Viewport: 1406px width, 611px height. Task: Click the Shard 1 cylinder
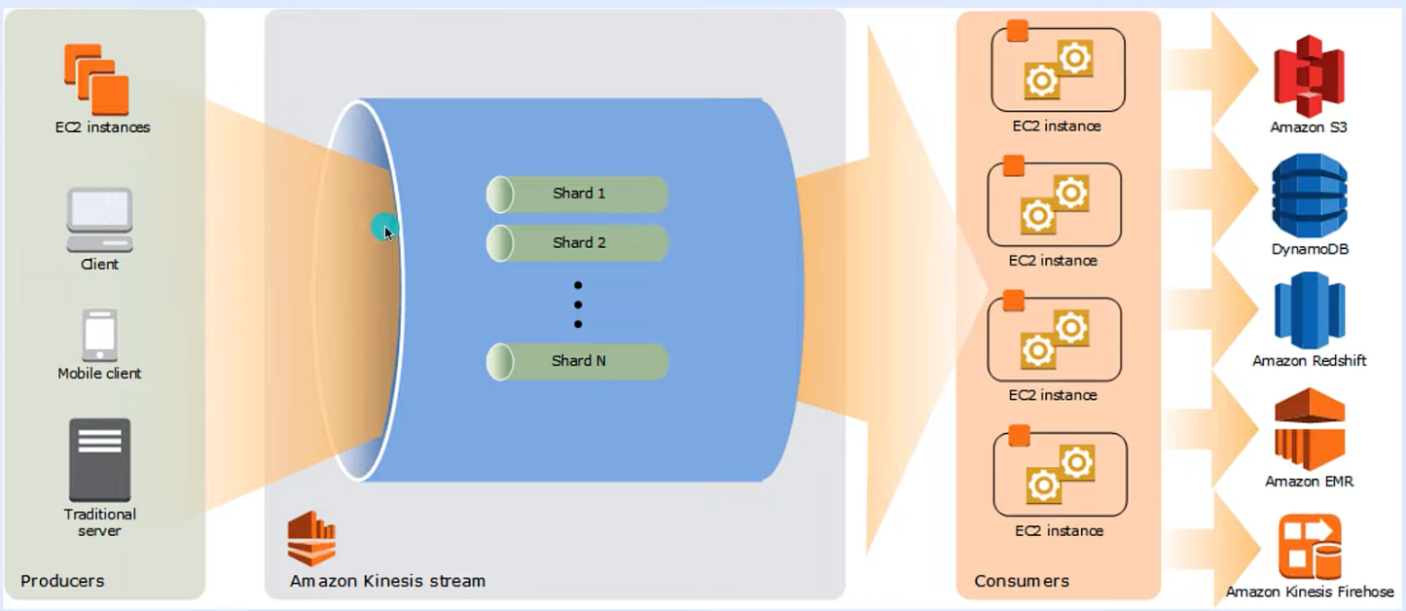(577, 194)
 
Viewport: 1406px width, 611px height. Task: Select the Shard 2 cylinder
(577, 243)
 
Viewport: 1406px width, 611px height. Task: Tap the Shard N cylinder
(577, 361)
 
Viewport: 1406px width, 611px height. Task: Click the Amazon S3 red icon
(1309, 76)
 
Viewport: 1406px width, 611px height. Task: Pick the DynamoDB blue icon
(1310, 196)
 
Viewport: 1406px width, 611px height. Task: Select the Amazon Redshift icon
(1310, 310)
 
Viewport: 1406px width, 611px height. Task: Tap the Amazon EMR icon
(1310, 429)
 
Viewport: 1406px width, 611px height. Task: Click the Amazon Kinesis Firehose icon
(1310, 547)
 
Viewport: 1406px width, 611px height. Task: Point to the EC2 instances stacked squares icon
(96, 80)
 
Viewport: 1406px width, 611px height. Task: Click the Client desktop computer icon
(100, 220)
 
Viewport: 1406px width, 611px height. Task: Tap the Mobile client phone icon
(100, 335)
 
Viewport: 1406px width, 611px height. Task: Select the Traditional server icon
(100, 460)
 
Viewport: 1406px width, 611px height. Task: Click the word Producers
(62, 581)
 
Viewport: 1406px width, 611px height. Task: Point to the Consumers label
(1022, 581)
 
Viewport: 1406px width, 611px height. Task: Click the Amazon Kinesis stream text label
(387, 581)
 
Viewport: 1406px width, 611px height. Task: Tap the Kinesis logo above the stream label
(311, 539)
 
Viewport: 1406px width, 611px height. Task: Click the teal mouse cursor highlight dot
(384, 227)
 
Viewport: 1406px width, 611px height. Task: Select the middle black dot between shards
(578, 305)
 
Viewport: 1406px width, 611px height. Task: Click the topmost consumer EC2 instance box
(1058, 70)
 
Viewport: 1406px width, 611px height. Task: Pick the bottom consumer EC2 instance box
(1061, 474)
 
